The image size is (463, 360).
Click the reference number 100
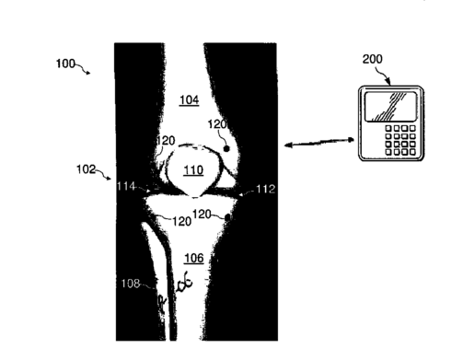(x=65, y=64)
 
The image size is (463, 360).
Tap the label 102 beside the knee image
(x=86, y=169)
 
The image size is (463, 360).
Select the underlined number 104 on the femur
(x=189, y=99)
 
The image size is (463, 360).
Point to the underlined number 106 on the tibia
(x=194, y=258)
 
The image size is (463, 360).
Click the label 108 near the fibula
(x=131, y=284)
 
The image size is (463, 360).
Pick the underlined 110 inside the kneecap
(x=193, y=169)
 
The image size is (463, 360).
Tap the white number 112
(x=265, y=189)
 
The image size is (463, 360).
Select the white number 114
(x=126, y=186)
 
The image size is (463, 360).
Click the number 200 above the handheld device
(x=373, y=59)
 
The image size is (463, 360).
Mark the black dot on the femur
(x=226, y=149)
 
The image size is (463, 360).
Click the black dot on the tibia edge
(x=227, y=217)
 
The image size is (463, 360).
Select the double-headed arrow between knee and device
(x=319, y=143)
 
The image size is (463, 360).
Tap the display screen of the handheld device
(x=390, y=107)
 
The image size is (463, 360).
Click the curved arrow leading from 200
(x=384, y=75)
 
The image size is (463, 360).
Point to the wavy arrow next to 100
(x=83, y=69)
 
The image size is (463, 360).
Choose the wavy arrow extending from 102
(x=104, y=174)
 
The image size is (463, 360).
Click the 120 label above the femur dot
(x=217, y=124)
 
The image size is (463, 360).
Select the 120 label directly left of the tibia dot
(x=202, y=215)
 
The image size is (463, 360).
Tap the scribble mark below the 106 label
(x=185, y=282)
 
